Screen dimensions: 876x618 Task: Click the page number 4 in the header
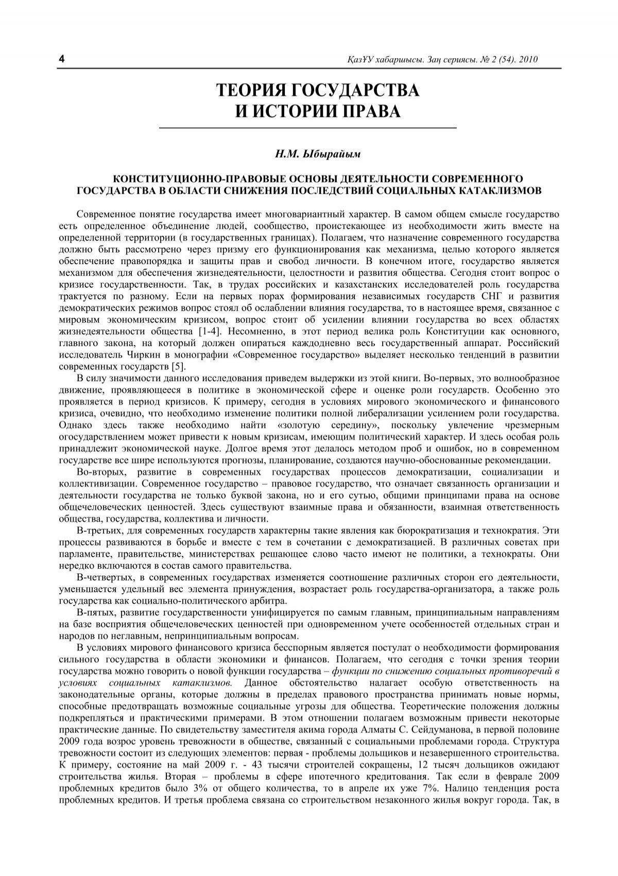[x=62, y=59]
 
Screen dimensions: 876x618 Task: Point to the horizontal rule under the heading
[x=309, y=127]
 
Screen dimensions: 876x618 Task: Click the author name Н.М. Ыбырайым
[x=309, y=153]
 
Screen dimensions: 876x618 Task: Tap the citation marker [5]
[x=176, y=367]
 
